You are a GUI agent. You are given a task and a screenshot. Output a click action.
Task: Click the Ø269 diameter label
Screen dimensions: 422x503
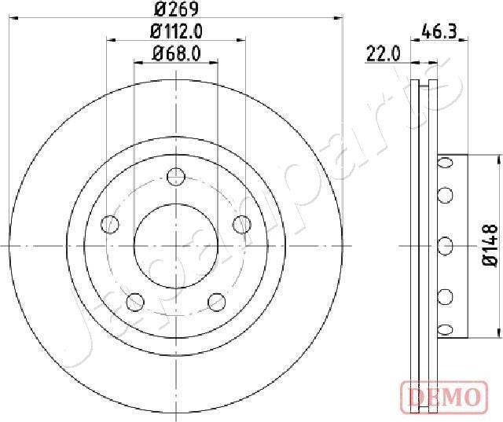tap(175, 9)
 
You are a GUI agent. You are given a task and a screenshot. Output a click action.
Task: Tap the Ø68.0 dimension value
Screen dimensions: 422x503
tap(175, 54)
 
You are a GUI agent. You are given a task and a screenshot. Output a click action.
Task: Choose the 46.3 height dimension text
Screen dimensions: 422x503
tap(440, 32)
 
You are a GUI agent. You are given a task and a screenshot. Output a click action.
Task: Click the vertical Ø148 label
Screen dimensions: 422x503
tap(489, 246)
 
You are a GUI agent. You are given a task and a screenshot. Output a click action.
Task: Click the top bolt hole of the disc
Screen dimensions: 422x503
tap(175, 178)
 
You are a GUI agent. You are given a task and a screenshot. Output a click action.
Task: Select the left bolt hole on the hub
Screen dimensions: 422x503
tap(111, 226)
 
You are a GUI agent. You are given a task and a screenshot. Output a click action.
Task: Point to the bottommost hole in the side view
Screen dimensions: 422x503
tap(445, 329)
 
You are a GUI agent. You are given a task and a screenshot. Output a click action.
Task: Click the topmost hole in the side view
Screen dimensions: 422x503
tap(445, 162)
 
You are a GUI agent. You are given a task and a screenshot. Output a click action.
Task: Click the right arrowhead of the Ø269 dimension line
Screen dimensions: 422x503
tap(340, 17)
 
